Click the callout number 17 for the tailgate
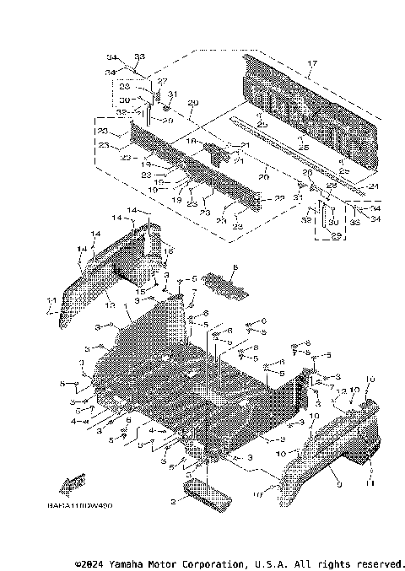(x=313, y=64)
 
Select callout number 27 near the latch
(x=162, y=80)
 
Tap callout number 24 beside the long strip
(x=372, y=186)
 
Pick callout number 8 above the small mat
(x=235, y=267)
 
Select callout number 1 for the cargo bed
(x=127, y=307)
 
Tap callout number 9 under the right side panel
(x=338, y=484)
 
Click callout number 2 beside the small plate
(x=173, y=501)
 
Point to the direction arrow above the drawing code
(x=73, y=482)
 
